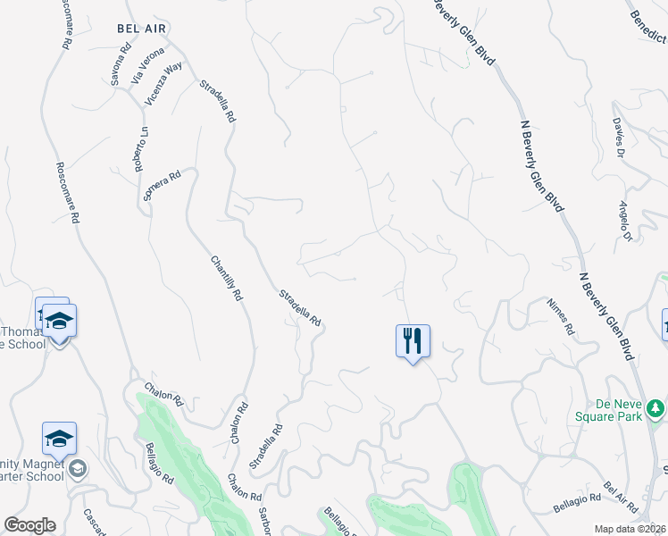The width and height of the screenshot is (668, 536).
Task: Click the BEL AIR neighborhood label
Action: point(141,28)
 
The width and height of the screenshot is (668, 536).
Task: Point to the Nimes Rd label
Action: point(562,316)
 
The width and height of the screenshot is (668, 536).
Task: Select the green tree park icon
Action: point(656,407)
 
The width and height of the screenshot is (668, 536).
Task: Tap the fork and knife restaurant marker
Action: point(413,340)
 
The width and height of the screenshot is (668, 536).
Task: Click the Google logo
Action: point(29,525)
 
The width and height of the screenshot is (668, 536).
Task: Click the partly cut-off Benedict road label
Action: point(648,26)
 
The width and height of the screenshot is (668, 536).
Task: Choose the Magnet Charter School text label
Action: point(32,469)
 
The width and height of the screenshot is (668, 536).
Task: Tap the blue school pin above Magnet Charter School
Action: point(59,439)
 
